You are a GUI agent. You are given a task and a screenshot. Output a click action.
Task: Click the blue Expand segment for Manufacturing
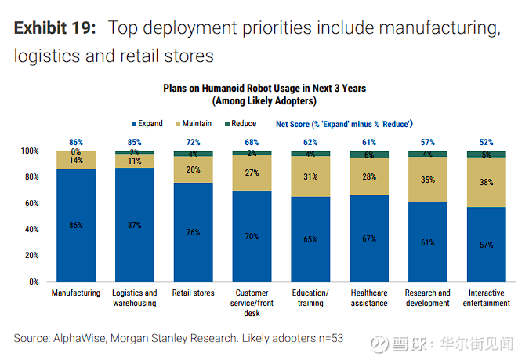[x=76, y=225]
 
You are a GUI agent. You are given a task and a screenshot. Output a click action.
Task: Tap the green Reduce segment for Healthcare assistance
[x=370, y=155]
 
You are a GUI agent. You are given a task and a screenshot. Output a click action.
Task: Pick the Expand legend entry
[x=147, y=124]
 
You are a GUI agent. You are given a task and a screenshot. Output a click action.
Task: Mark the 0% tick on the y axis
[x=32, y=282]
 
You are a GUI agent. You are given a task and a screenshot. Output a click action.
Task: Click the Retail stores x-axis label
[x=194, y=293]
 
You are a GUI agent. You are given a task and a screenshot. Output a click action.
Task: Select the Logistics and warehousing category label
[x=135, y=298]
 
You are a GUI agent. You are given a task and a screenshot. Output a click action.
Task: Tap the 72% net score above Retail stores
[x=194, y=143]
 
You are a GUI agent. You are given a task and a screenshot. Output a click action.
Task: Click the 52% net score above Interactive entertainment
[x=487, y=143]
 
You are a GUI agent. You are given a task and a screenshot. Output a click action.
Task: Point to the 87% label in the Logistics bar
[x=135, y=226]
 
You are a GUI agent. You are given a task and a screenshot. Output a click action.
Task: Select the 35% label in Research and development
[x=428, y=180]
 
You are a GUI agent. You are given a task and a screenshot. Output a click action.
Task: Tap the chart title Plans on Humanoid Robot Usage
[x=264, y=89]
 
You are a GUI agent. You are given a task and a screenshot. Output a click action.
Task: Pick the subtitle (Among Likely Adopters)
[x=264, y=101]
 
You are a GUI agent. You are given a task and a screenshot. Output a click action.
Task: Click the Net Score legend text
[x=344, y=124]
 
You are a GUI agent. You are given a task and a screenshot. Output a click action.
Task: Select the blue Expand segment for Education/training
[x=311, y=239]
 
